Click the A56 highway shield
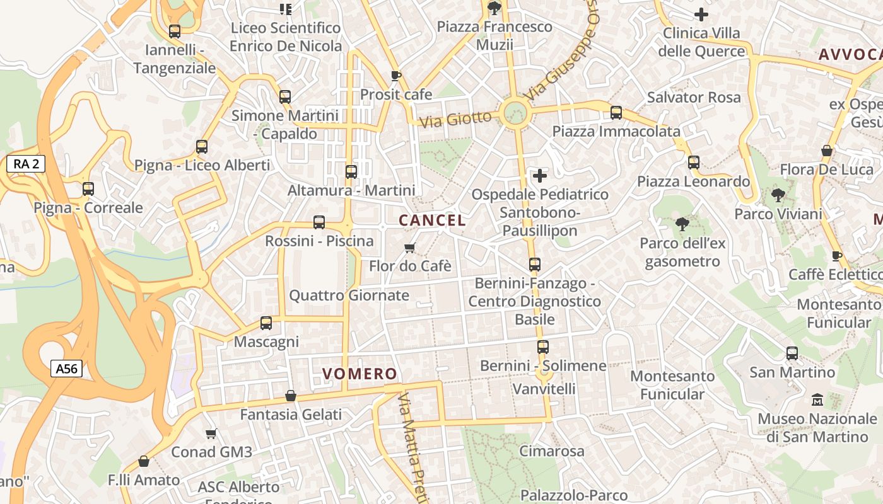click(66, 369)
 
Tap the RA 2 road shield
click(26, 164)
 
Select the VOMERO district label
click(360, 374)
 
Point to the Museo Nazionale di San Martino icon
click(817, 399)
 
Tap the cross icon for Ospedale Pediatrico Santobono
click(540, 175)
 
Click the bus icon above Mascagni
click(266, 323)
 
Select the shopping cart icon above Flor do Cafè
click(410, 247)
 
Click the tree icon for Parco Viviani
click(778, 195)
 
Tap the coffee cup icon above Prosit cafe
click(396, 76)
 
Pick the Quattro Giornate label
click(349, 295)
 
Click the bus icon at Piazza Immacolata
click(616, 113)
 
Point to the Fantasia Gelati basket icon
click(291, 396)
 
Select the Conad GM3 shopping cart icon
click(211, 433)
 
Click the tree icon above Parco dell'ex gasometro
click(682, 224)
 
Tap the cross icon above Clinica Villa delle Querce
click(701, 14)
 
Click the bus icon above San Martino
click(792, 353)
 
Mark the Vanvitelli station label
click(544, 389)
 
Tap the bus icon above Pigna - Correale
click(88, 188)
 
